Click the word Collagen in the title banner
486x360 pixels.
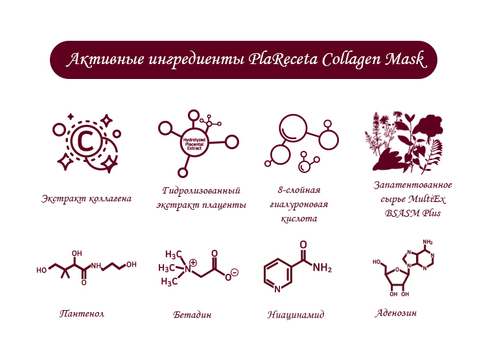coord(351,60)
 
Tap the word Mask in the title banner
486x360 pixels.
coord(406,59)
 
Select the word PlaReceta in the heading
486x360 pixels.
coord(283,59)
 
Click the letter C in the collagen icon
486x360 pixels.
coord(86,142)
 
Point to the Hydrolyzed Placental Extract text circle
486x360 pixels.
coord(194,144)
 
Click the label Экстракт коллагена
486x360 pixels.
coord(86,199)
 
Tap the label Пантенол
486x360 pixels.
coord(82,313)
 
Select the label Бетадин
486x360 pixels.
coord(192,315)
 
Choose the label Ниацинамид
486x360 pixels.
coord(295,315)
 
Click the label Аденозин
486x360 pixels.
coord(396,313)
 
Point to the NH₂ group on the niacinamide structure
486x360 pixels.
coord(322,267)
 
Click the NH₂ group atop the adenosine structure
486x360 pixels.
coord(428,242)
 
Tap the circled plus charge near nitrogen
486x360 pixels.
coord(193,262)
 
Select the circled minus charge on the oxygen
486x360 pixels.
coord(235,273)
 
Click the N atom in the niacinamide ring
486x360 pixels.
coord(277,289)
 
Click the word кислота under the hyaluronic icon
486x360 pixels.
coord(299,219)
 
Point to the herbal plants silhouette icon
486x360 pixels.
coord(404,142)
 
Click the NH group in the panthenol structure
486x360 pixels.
coord(96,266)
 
